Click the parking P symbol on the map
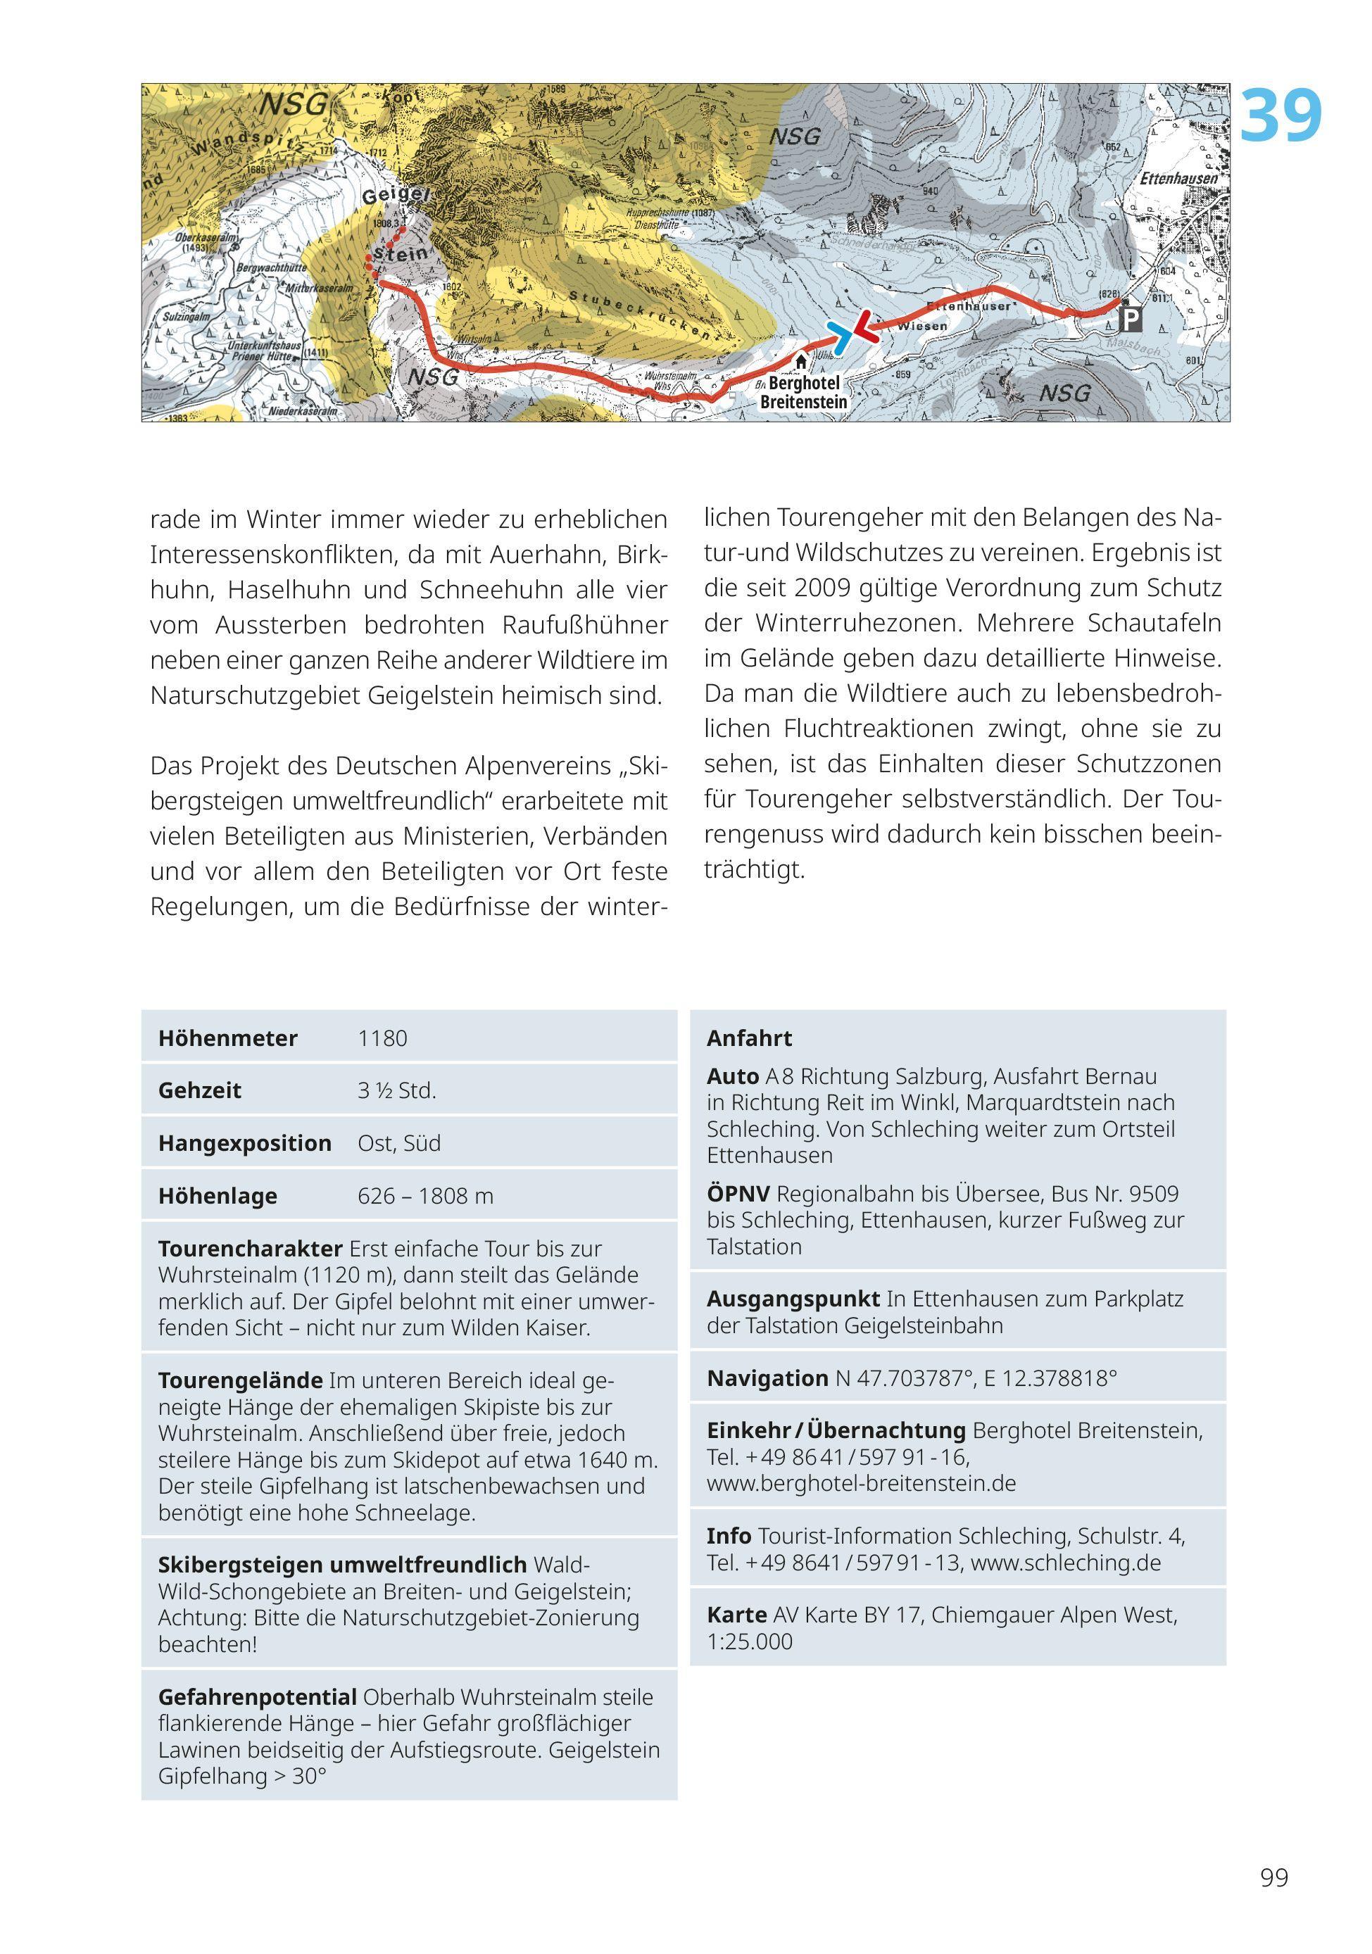point(1131,320)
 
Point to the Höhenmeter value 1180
point(382,1038)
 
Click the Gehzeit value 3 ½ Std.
point(396,1091)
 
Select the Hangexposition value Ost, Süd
point(399,1143)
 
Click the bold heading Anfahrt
point(749,1038)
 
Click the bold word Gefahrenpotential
point(257,1697)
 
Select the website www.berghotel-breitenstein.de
point(862,1483)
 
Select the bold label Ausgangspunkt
point(793,1299)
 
